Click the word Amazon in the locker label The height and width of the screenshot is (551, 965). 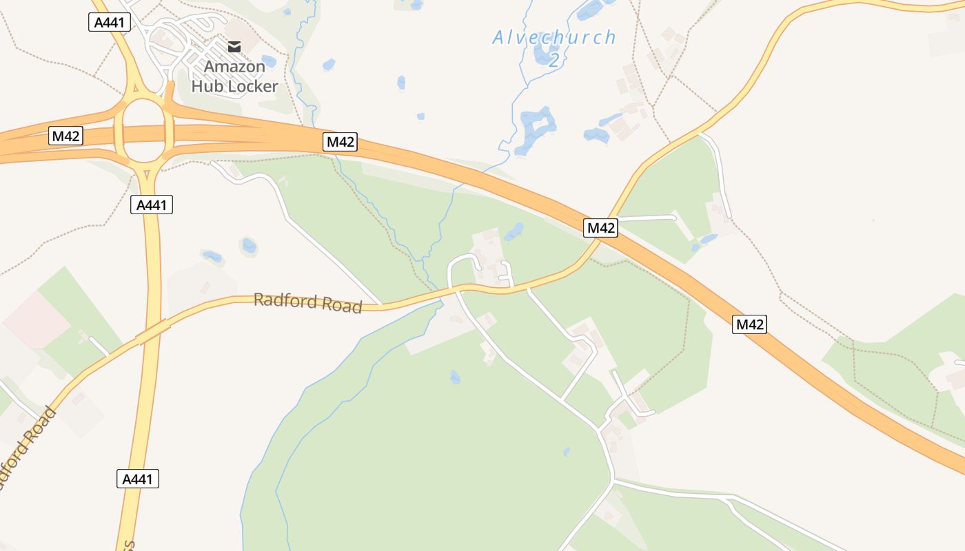tap(234, 67)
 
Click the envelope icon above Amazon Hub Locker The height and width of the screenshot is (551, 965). tap(234, 47)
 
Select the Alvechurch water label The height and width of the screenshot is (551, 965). tap(553, 38)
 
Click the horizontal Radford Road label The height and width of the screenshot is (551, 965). tap(307, 302)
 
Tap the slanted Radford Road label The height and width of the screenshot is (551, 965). tap(28, 448)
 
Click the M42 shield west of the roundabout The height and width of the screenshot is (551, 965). tap(66, 136)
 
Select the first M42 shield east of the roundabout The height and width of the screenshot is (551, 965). tap(341, 142)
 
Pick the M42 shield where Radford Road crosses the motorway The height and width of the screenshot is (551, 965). tap(600, 227)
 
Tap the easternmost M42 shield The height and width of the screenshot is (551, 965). tap(749, 324)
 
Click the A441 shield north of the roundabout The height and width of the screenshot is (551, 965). tap(110, 22)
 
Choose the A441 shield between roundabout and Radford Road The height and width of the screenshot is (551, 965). tap(152, 205)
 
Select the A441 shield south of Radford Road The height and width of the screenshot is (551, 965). tap(138, 479)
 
